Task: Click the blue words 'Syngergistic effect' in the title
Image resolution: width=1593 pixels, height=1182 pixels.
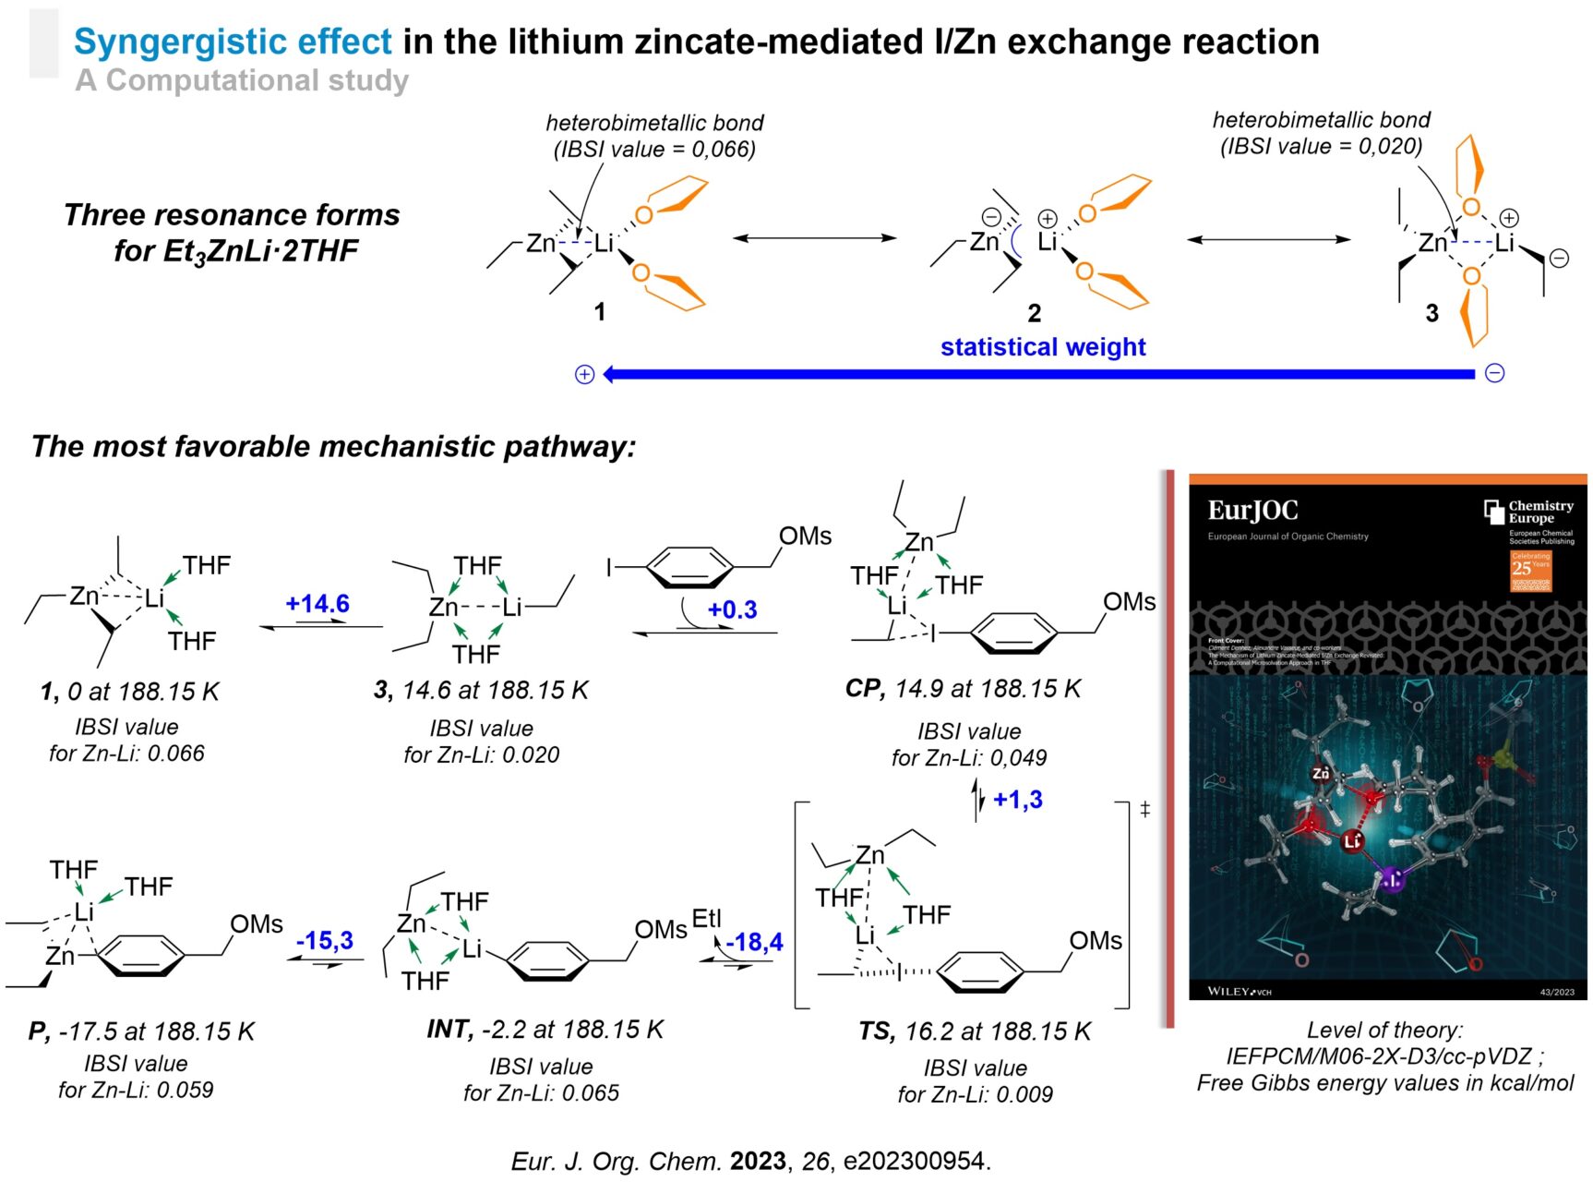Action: point(234,42)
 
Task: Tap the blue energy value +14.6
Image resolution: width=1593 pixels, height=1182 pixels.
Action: point(317,604)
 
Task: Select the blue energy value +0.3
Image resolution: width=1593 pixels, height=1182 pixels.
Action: point(733,609)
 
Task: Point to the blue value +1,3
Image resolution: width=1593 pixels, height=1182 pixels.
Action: point(1018,800)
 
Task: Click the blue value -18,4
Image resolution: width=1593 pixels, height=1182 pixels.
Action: point(754,942)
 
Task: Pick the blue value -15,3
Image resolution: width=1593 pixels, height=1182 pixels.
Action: point(325,941)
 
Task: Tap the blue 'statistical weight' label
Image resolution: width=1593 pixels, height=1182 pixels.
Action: point(1043,347)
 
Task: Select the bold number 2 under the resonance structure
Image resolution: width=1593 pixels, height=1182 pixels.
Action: point(1035,314)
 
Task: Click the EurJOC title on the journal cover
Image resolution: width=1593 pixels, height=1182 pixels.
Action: point(1252,511)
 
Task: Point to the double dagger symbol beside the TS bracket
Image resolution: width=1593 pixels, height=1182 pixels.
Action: point(1145,810)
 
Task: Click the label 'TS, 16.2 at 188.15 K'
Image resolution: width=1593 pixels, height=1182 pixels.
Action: point(975,1031)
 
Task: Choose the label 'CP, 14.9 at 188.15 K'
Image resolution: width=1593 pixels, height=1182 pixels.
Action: point(963,689)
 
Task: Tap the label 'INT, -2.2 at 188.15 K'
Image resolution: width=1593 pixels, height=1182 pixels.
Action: point(545,1030)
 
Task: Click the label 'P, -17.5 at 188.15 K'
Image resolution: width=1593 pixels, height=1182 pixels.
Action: point(141,1031)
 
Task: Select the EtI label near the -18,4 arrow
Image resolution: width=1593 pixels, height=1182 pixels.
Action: point(707,919)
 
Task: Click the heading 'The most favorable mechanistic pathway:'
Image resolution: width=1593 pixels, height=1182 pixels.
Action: point(334,447)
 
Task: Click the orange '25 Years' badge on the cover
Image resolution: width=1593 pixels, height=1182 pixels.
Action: point(1530,571)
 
